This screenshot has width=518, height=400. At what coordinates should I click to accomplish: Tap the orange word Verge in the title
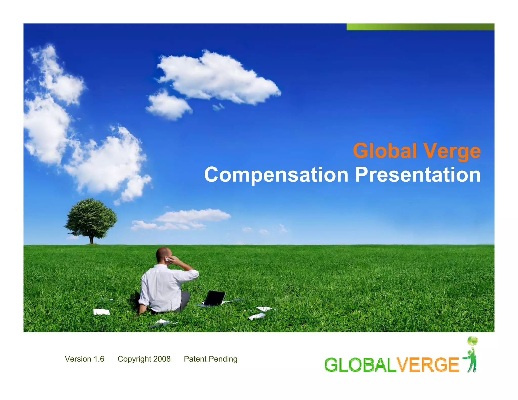tap(452, 151)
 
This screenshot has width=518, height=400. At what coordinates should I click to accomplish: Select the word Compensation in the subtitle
tap(276, 175)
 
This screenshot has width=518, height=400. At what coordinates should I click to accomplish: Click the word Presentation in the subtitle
tap(418, 175)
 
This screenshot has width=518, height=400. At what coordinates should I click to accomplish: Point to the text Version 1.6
tap(84, 359)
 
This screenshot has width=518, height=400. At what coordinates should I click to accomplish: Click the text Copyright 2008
tap(144, 359)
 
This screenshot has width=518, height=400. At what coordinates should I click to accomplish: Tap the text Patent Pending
tap(210, 359)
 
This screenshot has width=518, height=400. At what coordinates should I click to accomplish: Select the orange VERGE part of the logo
tap(427, 365)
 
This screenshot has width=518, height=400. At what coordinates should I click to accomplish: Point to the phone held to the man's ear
tap(167, 259)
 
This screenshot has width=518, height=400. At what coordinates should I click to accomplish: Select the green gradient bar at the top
tap(420, 27)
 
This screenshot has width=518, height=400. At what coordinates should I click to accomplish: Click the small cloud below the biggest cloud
tap(169, 106)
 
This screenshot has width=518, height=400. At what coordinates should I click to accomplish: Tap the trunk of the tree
tap(92, 239)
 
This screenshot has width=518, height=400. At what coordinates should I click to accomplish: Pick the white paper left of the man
tap(101, 312)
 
